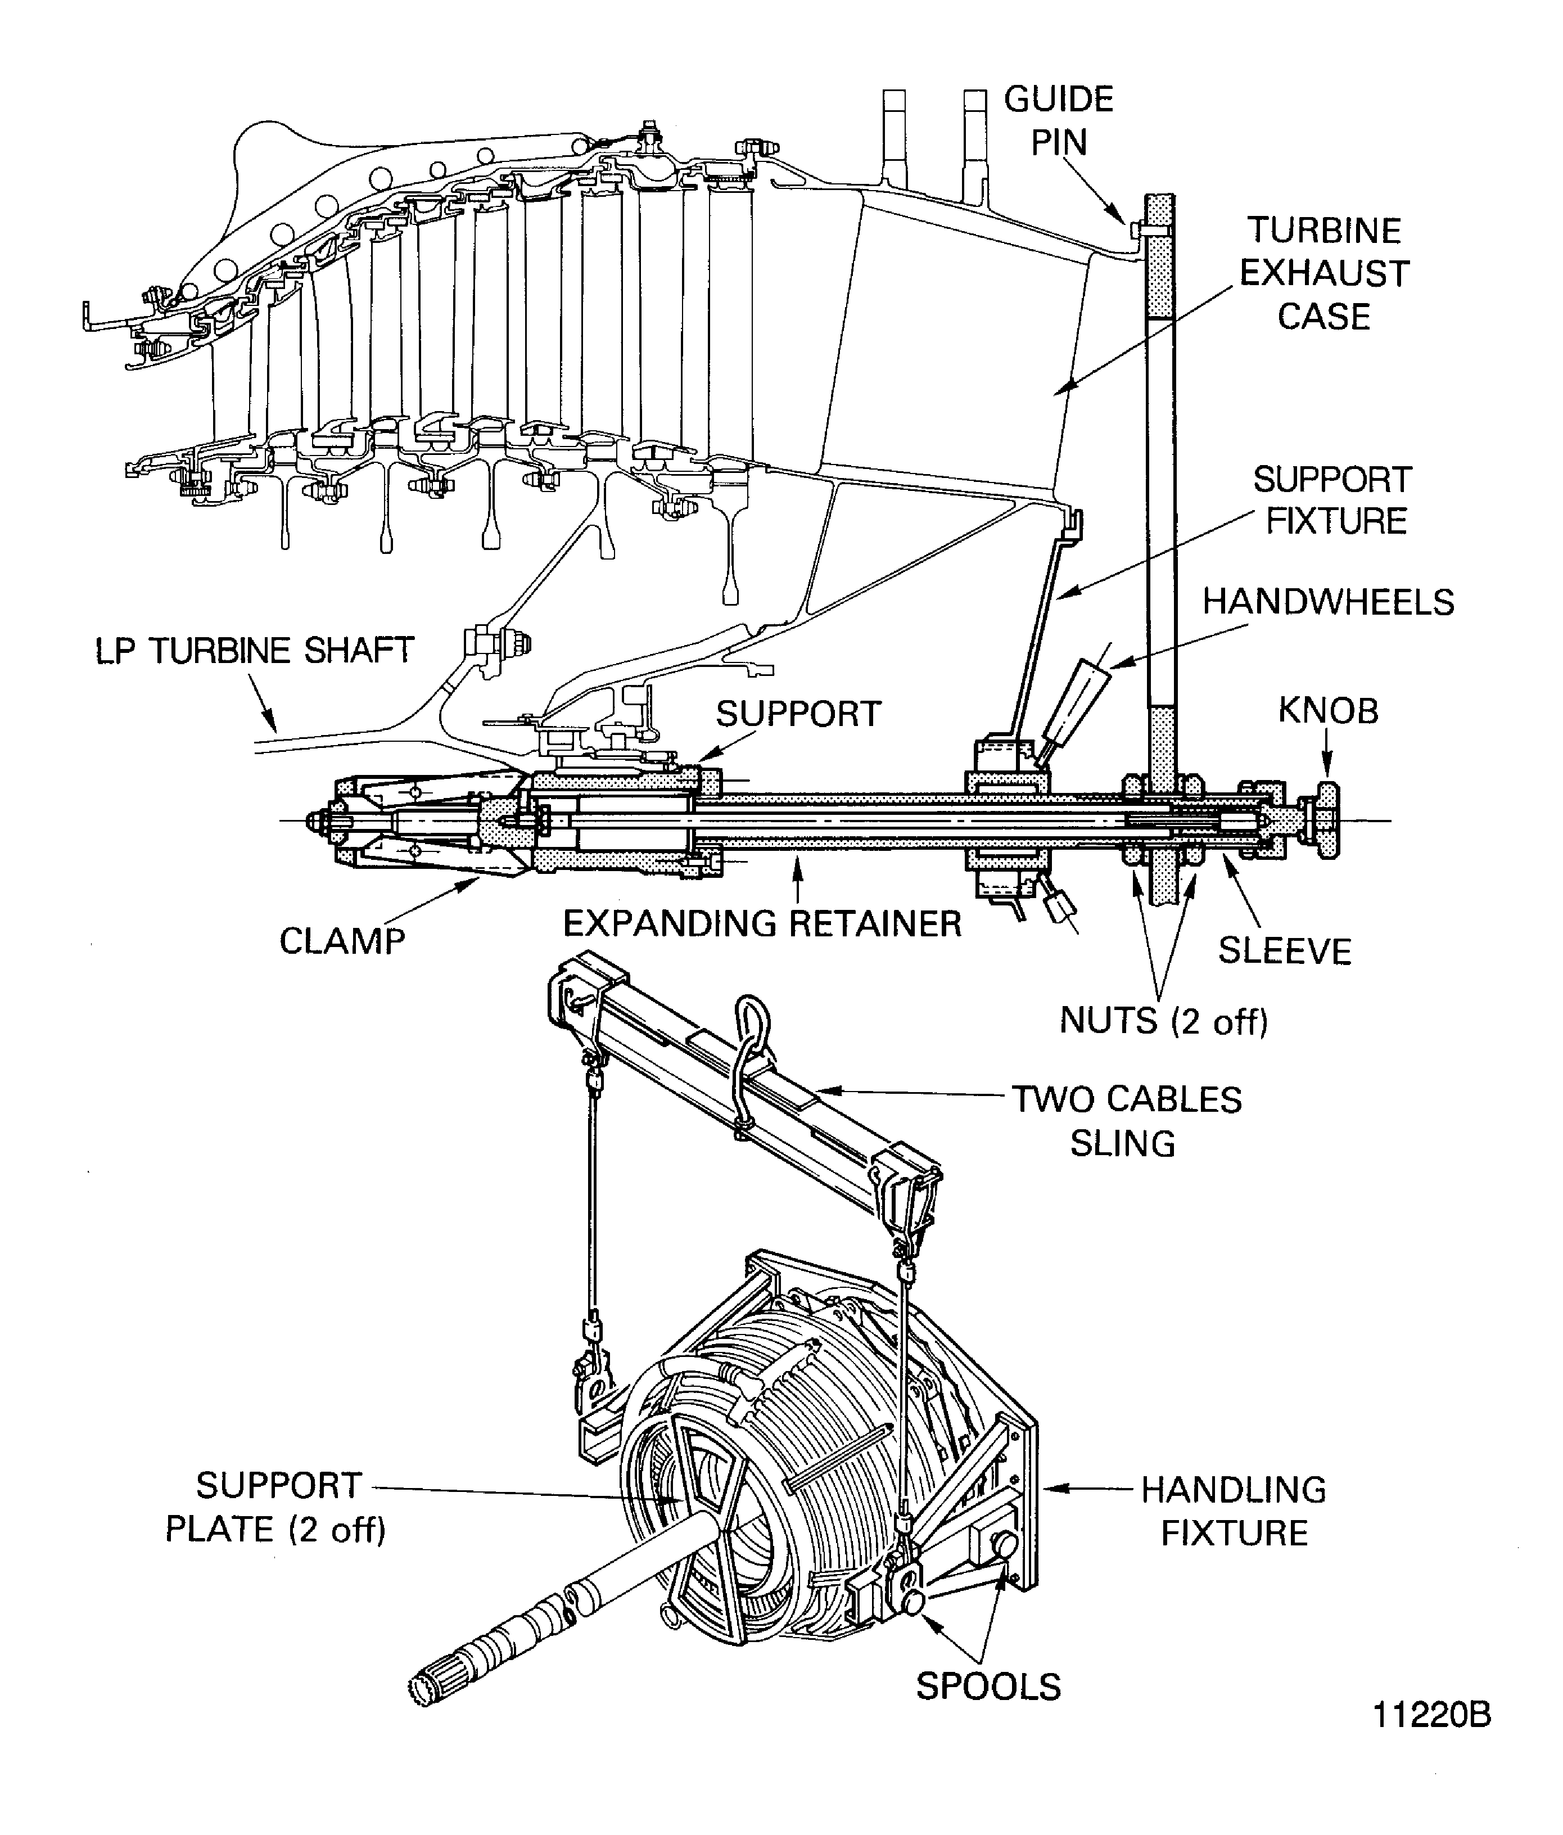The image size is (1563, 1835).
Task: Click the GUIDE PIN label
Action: point(1058,120)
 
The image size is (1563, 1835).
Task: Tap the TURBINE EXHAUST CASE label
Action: point(1324,274)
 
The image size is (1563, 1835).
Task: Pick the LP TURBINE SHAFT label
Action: point(254,651)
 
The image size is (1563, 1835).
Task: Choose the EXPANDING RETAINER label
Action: point(762,925)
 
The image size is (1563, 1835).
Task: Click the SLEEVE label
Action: point(1285,951)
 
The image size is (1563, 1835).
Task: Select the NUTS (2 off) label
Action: point(1164,1021)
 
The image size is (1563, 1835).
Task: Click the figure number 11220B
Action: point(1432,1739)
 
